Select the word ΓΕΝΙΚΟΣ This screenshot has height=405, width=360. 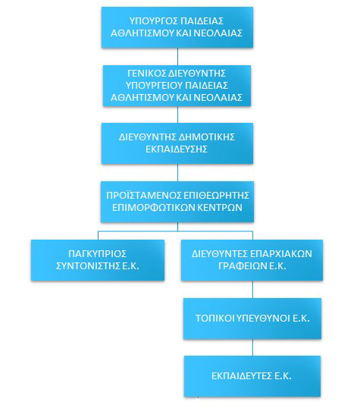(146, 74)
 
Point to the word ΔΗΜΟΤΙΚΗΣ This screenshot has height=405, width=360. (206, 137)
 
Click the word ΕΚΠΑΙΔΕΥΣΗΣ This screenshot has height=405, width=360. (177, 149)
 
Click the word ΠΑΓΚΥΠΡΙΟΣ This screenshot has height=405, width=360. (97, 253)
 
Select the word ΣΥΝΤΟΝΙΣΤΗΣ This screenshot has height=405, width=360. (88, 265)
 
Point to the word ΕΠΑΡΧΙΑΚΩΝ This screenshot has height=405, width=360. (280, 253)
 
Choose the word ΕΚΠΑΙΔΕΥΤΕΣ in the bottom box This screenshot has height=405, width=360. (242, 376)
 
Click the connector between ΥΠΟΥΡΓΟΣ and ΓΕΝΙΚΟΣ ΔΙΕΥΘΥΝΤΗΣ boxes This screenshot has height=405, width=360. (177, 57)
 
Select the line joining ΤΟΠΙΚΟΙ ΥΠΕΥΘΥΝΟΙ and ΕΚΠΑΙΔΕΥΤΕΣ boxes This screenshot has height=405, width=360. (252, 347)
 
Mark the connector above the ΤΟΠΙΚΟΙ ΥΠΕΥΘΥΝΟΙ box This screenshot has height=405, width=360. (252, 290)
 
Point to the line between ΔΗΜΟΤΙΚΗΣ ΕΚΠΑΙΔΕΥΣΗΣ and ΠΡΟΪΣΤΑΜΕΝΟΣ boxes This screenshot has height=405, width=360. (177, 172)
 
